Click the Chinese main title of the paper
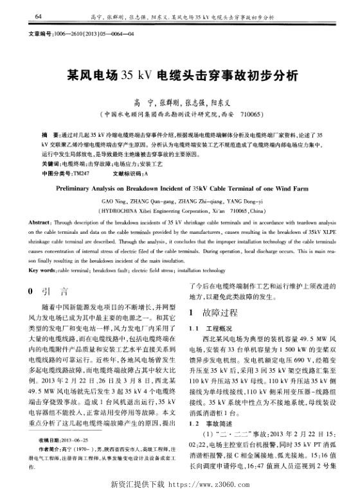click(179, 75)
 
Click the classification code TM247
click(80, 155)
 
